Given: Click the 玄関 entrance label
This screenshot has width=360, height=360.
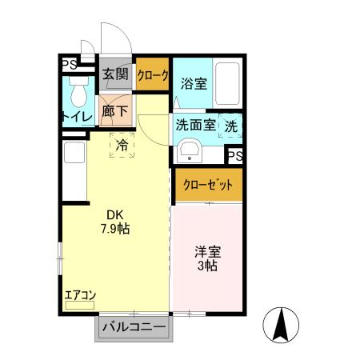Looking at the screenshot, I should (x=115, y=74).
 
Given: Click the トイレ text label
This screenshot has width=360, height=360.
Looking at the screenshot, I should (x=77, y=118).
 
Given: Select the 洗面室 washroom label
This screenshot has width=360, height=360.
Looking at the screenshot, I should (x=195, y=125).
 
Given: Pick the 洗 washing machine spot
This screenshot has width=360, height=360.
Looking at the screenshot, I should (x=230, y=126).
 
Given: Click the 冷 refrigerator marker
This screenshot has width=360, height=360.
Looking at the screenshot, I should (x=122, y=146).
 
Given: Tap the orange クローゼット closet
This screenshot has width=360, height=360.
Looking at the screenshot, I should (x=208, y=184).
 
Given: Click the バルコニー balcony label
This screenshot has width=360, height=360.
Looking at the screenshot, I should (x=134, y=327).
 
